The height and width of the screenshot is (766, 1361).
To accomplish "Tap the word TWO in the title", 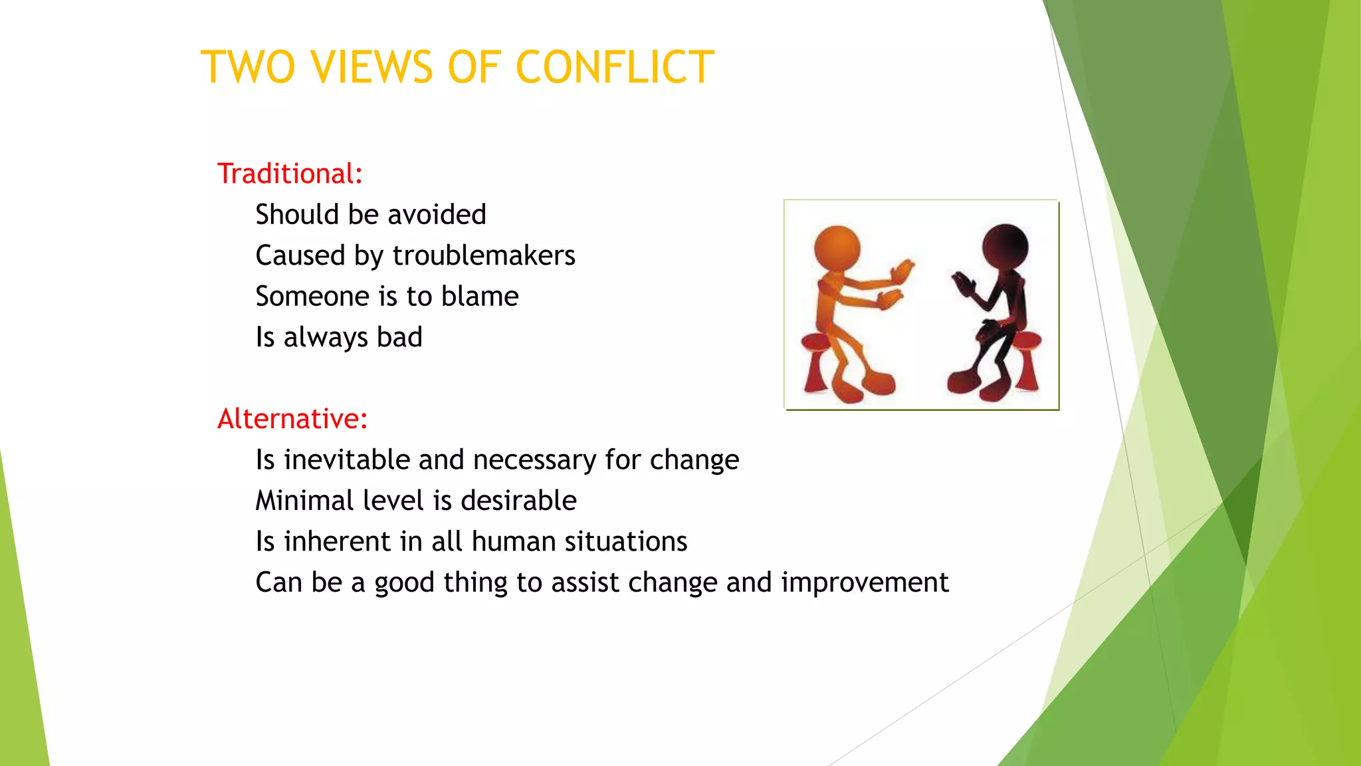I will point(248,67).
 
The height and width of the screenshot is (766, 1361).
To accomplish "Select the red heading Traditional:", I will point(290,174).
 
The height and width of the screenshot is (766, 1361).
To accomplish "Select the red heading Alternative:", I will point(292,419).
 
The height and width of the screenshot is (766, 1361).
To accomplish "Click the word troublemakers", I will point(484,255).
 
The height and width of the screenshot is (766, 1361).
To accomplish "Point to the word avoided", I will point(437,215).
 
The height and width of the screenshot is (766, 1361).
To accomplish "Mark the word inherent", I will point(337,541).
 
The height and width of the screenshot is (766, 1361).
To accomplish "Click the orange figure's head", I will point(837,248).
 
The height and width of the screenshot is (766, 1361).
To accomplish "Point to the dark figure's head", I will point(1005,246).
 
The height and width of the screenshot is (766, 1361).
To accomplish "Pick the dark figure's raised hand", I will point(962,284).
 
